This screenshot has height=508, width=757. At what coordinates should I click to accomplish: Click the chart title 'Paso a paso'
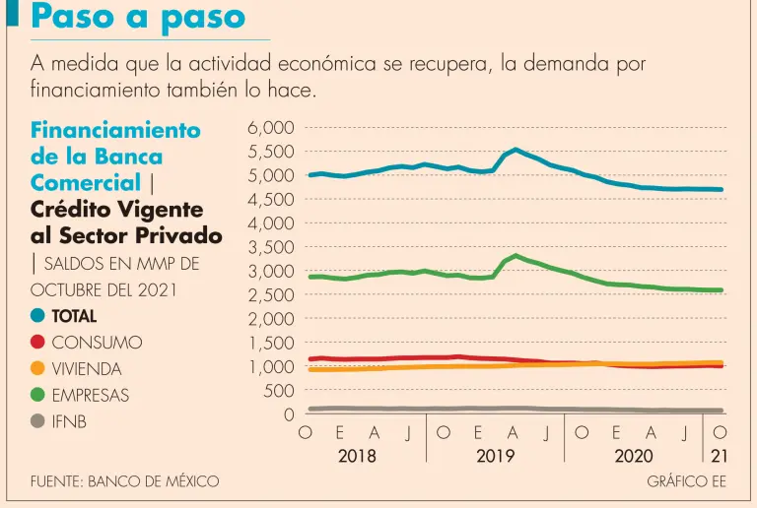coord(138,17)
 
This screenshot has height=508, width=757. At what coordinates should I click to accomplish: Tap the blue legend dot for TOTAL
coord(38,317)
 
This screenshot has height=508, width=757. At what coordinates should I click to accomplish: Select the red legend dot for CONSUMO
coord(38,343)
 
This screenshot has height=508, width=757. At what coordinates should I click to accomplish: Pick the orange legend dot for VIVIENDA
coord(38,369)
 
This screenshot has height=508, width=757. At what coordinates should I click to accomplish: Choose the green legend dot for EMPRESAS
coord(38,396)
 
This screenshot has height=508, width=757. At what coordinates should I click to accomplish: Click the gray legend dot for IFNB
coord(38,421)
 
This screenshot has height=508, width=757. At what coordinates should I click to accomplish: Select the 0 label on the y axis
coord(288,414)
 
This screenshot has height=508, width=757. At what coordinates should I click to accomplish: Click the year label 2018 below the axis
coord(357,456)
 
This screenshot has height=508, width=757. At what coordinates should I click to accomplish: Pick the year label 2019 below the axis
coord(496,456)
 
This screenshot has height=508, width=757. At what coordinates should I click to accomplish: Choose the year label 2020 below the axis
coord(634,456)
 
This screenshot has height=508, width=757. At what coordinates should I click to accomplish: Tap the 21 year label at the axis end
coord(720,456)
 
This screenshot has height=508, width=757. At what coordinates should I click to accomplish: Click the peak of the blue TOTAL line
coord(516,150)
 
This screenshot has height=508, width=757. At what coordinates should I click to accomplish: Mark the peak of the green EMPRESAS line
coord(516,256)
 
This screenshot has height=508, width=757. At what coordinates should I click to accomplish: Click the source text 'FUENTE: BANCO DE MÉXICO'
coord(125,481)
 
